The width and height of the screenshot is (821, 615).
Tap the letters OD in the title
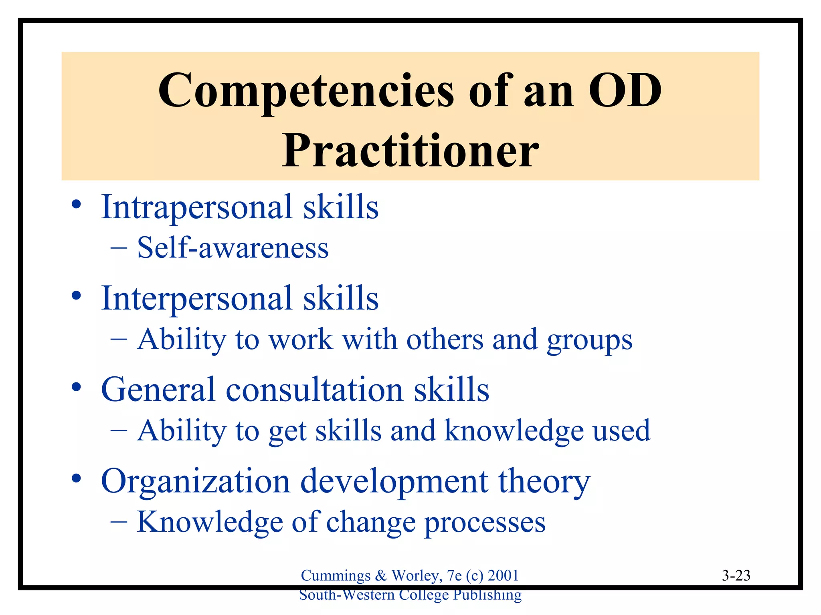(625, 91)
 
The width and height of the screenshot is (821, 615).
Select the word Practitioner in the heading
(410, 151)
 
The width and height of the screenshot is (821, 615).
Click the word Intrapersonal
(196, 207)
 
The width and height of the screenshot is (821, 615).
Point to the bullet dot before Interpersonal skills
(76, 296)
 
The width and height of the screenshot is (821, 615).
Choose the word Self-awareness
(233, 248)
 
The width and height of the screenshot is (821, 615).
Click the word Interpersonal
(196, 298)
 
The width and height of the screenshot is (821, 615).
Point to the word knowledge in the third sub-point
(514, 431)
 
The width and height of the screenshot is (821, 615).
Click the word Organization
(195, 481)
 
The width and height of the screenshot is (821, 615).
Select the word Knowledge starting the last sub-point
(210, 523)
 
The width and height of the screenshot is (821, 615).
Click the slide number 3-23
(736, 576)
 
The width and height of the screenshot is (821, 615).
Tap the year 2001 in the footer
(503, 576)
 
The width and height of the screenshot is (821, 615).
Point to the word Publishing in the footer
(487, 595)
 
